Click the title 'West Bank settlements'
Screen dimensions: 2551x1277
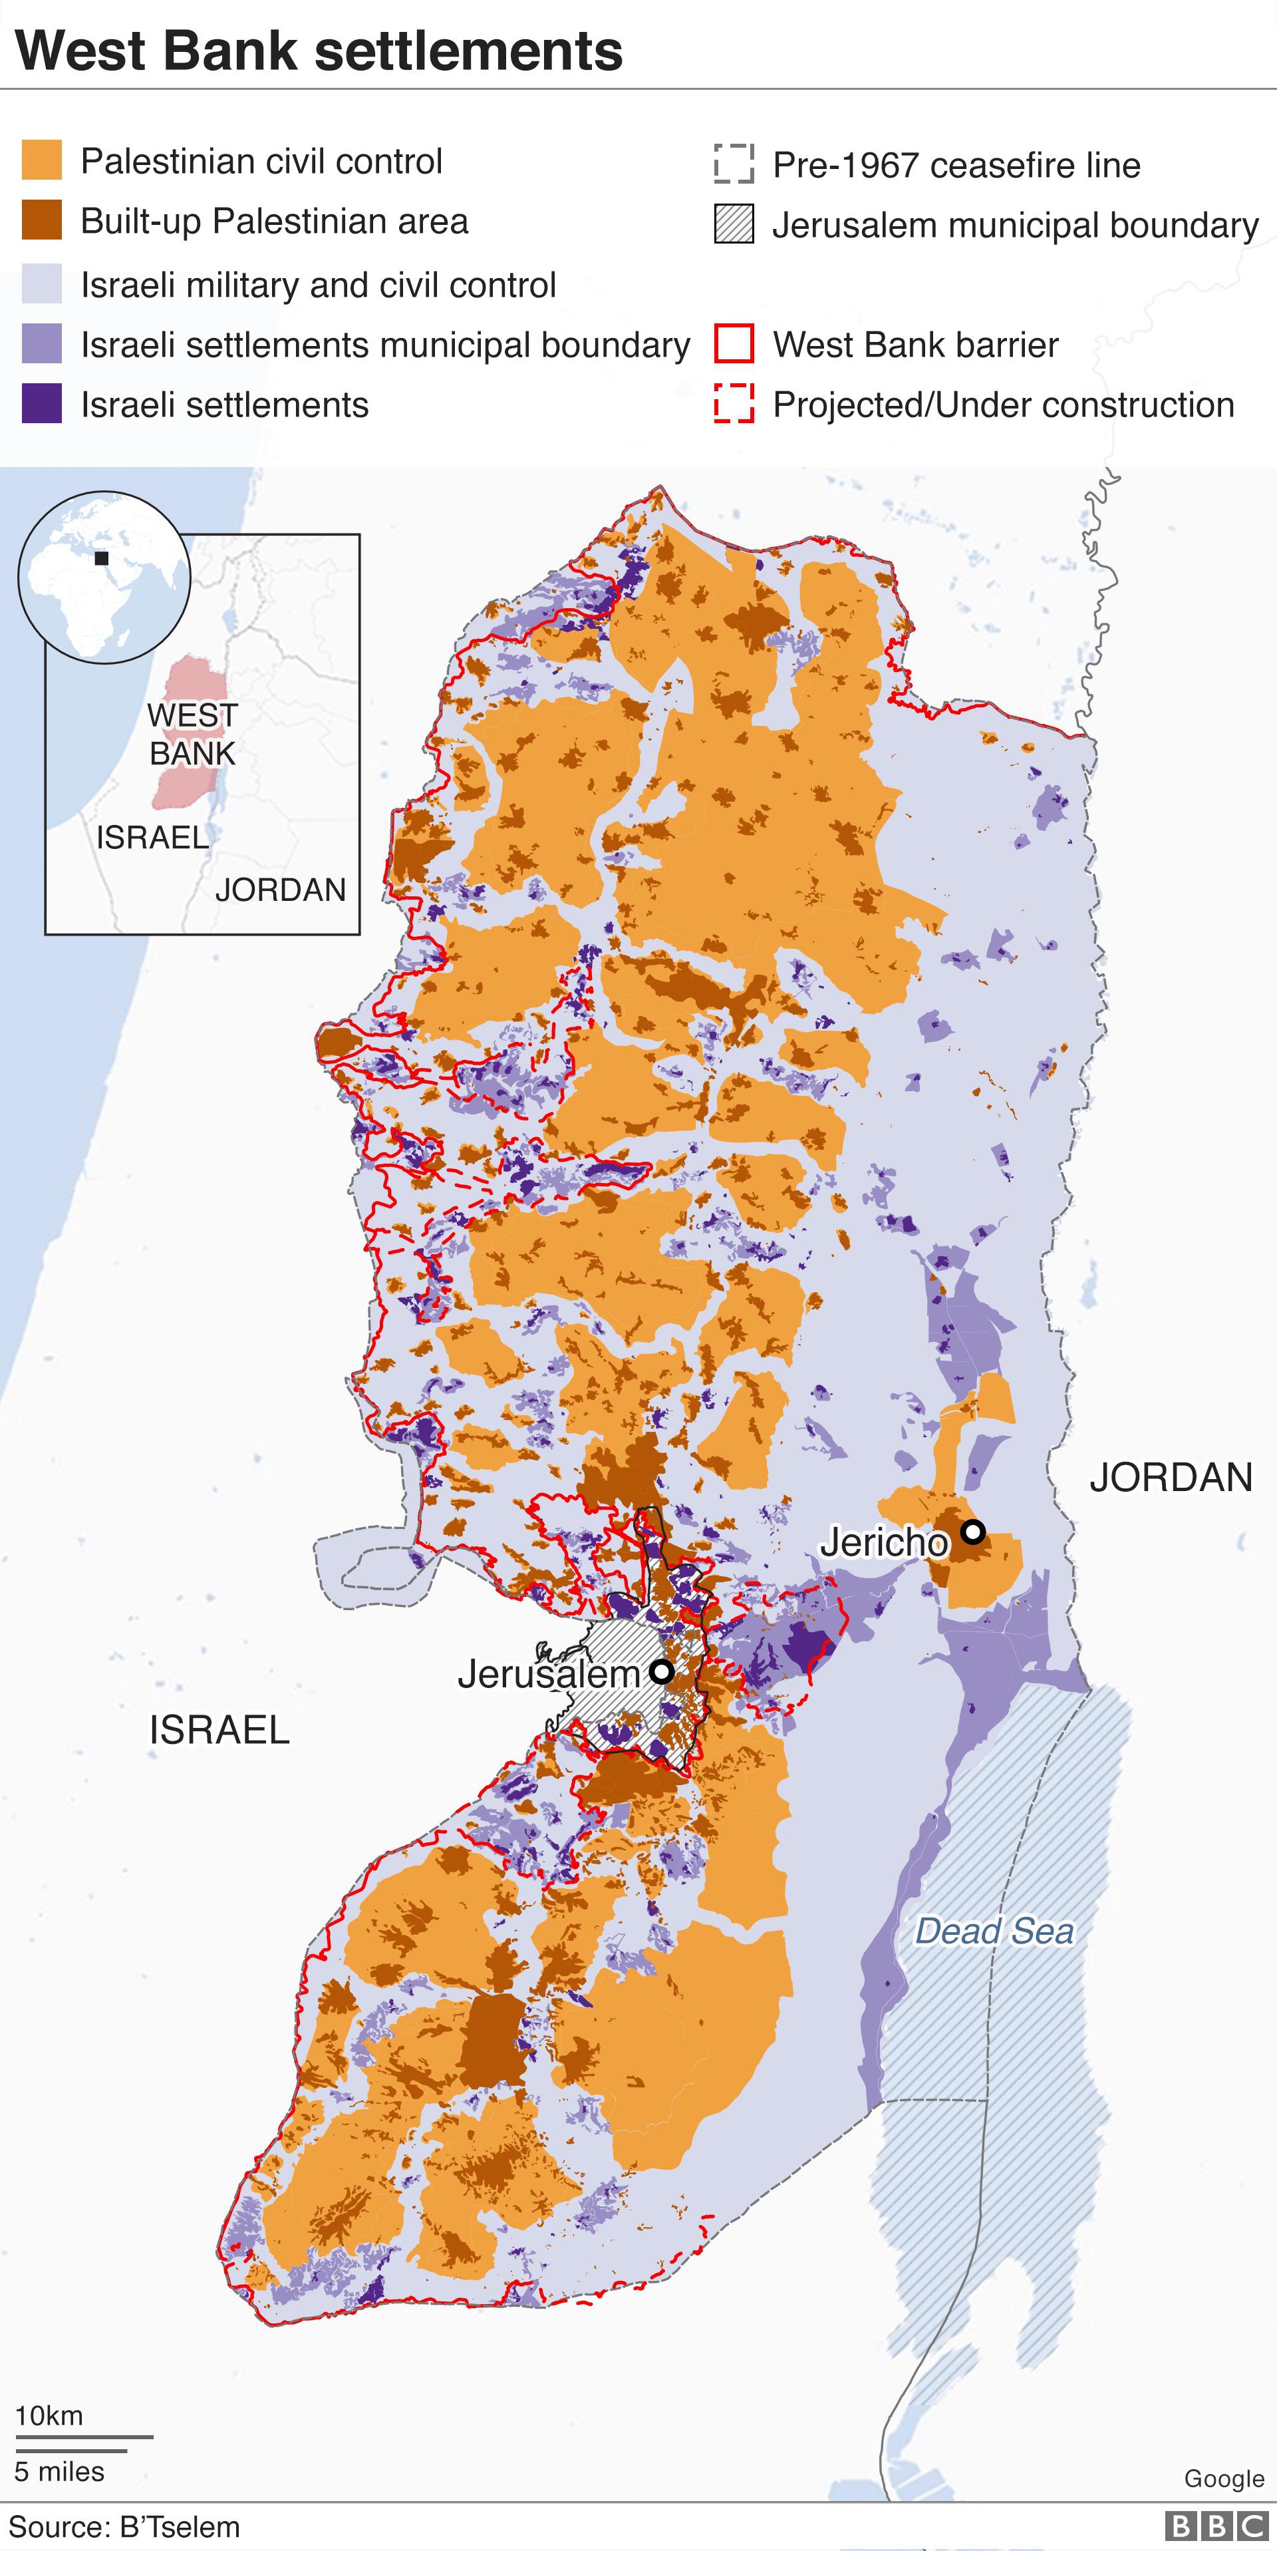pos(319,51)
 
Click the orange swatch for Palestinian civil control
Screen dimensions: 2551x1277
pos(42,160)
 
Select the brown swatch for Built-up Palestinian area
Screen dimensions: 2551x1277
pos(42,220)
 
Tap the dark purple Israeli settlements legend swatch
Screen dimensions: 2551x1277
pos(42,404)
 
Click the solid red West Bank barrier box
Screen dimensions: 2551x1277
pos(734,345)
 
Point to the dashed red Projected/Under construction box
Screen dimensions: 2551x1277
pos(734,404)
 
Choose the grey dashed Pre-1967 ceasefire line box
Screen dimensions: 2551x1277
pos(734,164)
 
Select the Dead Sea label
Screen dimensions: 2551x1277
pos(994,1931)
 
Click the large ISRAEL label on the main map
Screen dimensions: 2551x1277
pos(219,1730)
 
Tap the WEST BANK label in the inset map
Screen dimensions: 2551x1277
pos(192,734)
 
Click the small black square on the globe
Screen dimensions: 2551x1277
pos(101,558)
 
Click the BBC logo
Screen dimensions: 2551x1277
pos(1216,2526)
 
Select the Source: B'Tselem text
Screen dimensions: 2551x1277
pos(125,2527)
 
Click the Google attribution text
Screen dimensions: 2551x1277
pos(1224,2478)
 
